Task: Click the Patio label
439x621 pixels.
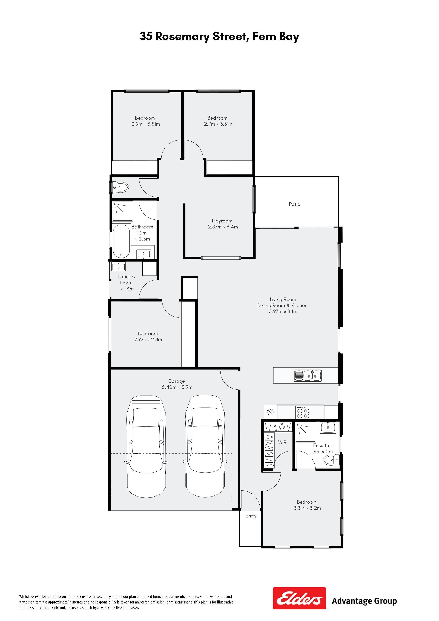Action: pos(294,204)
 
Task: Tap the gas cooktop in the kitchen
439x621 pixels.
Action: pos(303,413)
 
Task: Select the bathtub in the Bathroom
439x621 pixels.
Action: pos(121,241)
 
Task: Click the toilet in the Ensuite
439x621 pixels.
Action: pos(331,460)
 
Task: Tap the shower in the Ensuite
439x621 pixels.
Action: pos(305,432)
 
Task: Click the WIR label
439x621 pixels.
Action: pos(282,442)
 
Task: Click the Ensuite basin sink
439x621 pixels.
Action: pos(328,428)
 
